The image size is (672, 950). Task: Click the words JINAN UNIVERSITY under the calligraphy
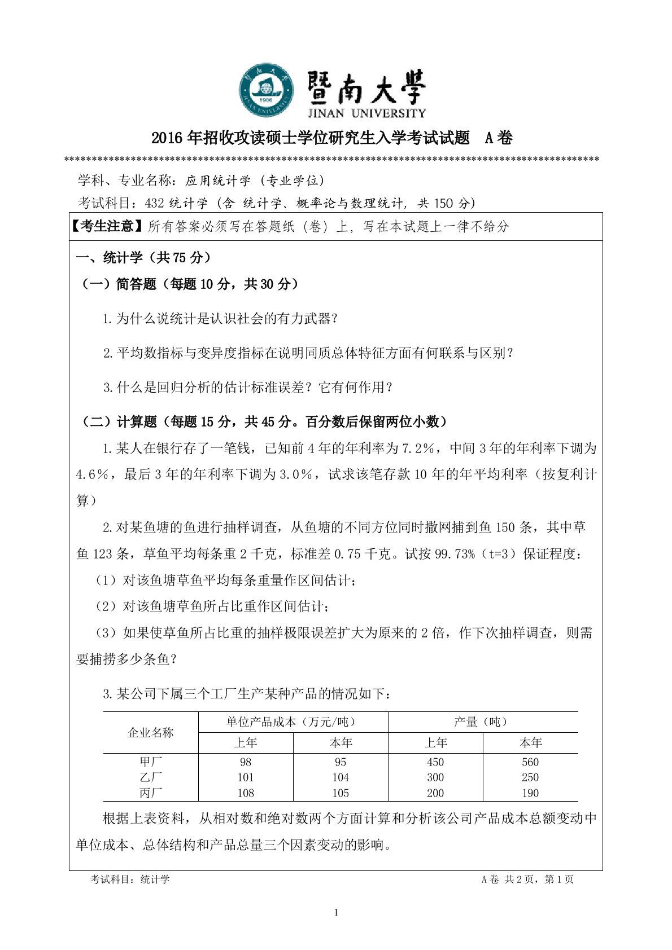367,113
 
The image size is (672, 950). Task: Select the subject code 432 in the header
154,203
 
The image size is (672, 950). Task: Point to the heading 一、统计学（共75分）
143,258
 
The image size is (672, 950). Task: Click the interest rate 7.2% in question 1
417,448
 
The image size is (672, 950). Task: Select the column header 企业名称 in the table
151,732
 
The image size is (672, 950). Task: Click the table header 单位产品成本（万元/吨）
293,722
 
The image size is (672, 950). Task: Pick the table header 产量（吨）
482,722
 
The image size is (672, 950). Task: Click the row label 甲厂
151,762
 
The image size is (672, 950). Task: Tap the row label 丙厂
151,793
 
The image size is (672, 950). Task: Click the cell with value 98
246,762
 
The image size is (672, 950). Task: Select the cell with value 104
341,777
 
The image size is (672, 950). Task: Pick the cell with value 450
435,762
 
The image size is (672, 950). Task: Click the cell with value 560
530,762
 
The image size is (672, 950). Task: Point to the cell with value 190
530,793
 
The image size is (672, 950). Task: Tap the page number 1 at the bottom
337,913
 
